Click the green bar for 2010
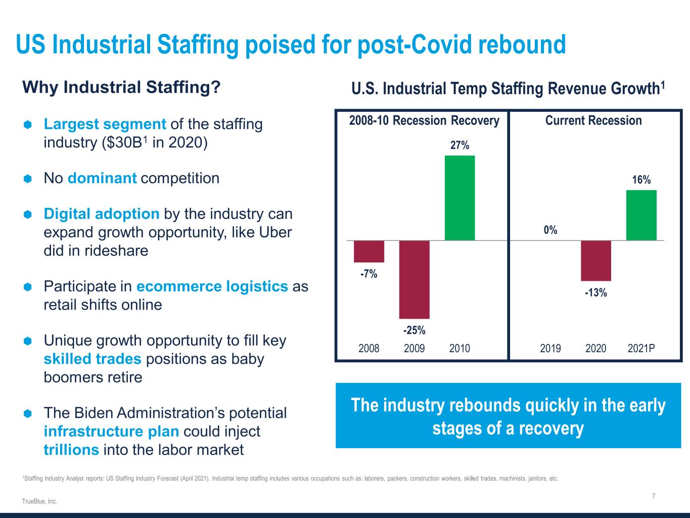click(459, 198)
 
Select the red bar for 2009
click(415, 279)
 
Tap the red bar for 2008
click(369, 251)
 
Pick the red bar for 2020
click(596, 261)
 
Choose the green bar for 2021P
click(641, 215)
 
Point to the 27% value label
click(459, 146)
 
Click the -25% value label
click(414, 331)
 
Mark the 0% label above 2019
click(550, 230)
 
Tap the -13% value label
click(596, 292)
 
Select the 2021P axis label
click(641, 348)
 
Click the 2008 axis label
click(369, 348)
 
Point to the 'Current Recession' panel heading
click(593, 120)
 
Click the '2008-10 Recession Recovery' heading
click(424, 120)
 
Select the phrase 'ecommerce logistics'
click(212, 286)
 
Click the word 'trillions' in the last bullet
click(71, 450)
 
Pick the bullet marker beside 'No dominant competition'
click(28, 179)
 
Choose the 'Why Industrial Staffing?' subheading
click(122, 88)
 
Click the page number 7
click(654, 496)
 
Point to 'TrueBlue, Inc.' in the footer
click(39, 501)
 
